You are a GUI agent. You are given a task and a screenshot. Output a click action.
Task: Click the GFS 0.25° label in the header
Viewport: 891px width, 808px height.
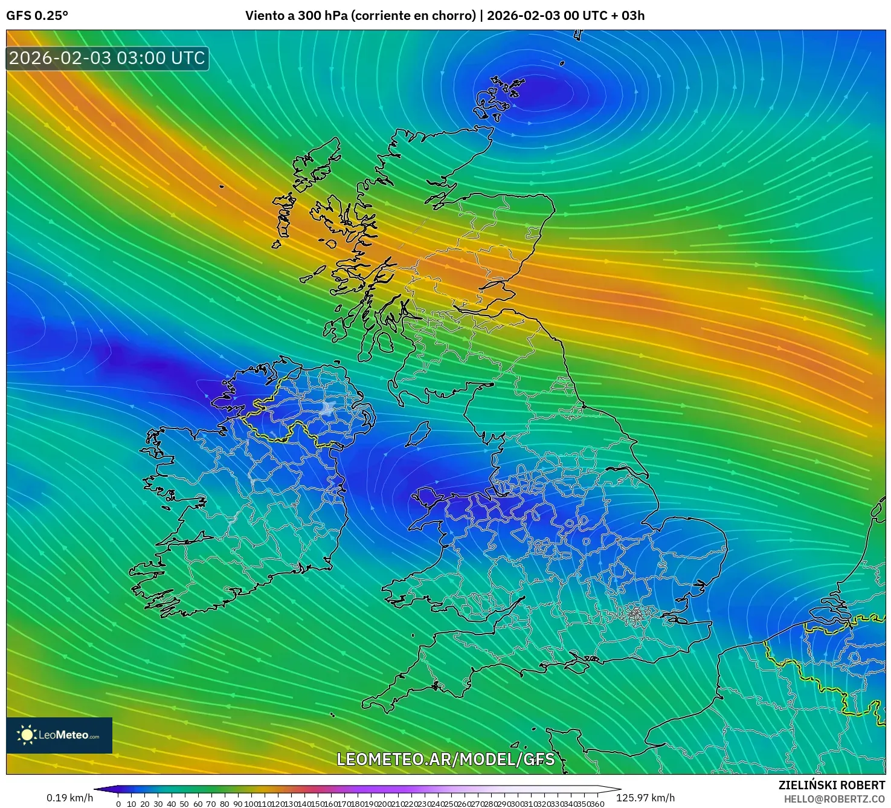[37, 16]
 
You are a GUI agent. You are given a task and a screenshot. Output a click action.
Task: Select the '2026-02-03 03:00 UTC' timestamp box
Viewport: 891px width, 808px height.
[107, 59]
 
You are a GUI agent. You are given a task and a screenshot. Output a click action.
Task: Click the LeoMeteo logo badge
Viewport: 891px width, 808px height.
[59, 735]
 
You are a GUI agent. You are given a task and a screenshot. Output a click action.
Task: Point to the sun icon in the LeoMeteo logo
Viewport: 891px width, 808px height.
[27, 735]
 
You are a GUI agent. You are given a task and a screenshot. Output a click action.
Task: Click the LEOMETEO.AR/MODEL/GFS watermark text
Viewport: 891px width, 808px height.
[445, 759]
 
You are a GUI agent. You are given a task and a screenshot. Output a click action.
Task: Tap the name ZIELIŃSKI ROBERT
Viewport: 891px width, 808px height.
[831, 785]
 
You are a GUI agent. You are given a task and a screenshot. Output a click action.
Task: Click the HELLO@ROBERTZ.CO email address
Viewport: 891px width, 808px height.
[834, 799]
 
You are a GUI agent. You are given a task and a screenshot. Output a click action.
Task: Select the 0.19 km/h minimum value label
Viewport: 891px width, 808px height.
[69, 798]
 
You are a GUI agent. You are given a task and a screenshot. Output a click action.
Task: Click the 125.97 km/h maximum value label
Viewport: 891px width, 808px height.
[645, 798]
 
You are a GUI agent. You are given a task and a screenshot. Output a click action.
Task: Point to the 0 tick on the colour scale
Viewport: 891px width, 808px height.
[118, 804]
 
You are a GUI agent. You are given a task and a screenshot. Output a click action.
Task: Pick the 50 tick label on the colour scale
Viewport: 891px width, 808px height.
[184, 804]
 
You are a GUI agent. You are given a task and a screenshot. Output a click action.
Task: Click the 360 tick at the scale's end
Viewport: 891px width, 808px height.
[597, 804]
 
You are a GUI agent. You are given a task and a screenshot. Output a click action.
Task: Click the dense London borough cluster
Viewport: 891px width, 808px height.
[635, 615]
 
